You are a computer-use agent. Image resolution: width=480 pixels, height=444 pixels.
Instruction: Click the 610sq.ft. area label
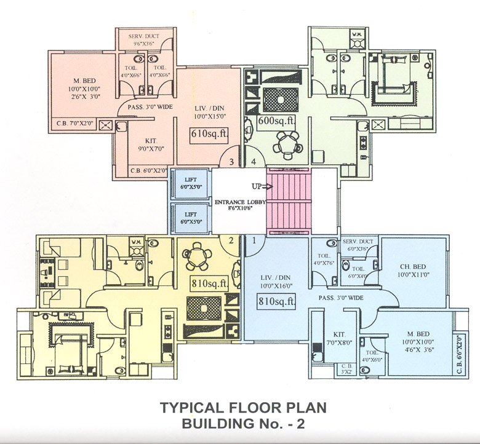(x=207, y=134)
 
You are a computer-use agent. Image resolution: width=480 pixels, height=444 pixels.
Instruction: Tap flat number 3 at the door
(x=231, y=162)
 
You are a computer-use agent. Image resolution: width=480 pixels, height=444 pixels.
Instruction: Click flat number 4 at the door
(x=254, y=162)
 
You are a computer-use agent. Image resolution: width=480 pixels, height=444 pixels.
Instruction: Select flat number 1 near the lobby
(x=254, y=241)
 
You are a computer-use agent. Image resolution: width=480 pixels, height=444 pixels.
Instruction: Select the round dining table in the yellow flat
(x=197, y=254)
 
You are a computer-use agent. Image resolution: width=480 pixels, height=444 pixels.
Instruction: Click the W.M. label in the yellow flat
(x=136, y=243)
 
